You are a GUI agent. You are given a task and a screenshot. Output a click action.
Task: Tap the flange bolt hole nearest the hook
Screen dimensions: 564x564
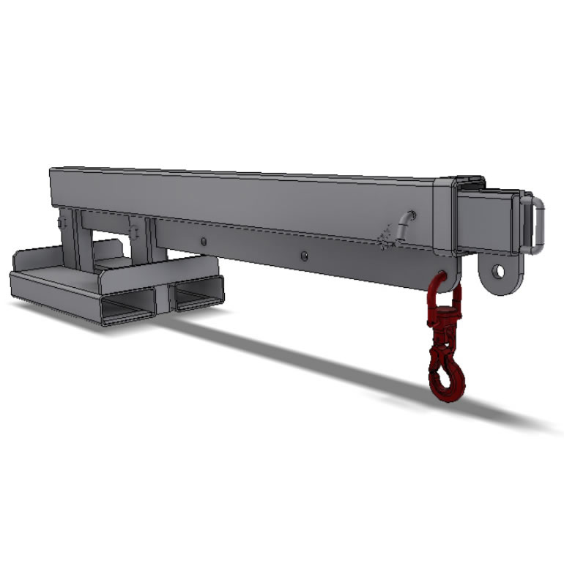click(x=304, y=256)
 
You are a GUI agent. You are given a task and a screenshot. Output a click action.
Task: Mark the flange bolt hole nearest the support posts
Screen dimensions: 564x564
click(x=204, y=240)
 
